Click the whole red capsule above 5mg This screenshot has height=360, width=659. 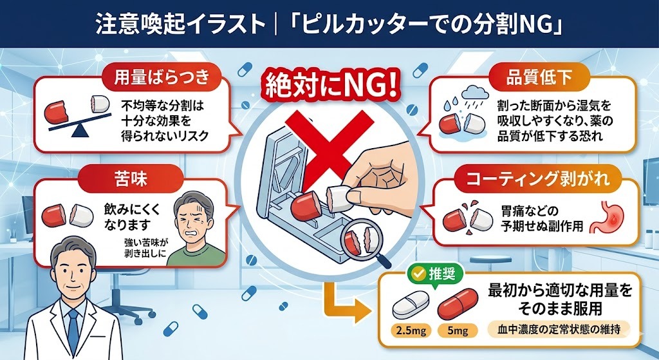[x=460, y=305]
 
